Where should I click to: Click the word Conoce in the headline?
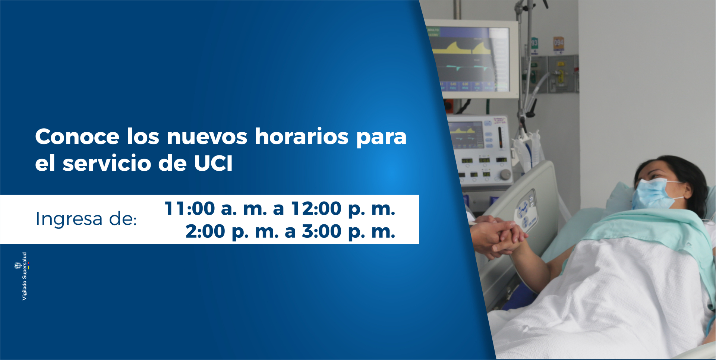(77, 136)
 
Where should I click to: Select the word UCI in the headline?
(213, 163)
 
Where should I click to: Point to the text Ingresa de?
(86, 219)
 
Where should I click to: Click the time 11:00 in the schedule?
(190, 208)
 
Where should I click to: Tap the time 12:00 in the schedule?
(316, 208)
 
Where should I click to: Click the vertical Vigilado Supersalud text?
(25, 276)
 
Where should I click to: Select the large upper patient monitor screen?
(472, 60)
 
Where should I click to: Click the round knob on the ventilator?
(505, 174)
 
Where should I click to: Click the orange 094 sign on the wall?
(558, 44)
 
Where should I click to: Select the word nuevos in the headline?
(207, 136)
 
